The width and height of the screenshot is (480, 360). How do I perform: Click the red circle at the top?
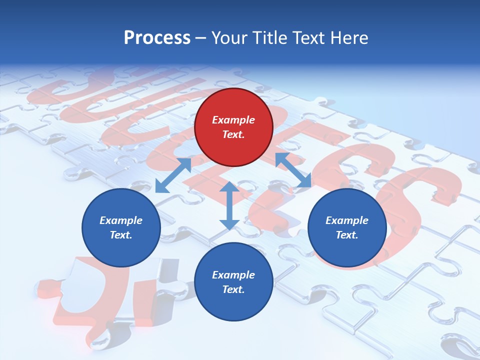tap(233, 127)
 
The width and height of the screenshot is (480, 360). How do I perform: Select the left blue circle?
tap(121, 227)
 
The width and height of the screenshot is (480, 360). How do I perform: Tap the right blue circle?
tap(346, 227)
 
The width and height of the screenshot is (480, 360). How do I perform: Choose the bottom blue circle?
tap(233, 282)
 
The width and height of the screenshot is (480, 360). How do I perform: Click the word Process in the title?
tap(157, 38)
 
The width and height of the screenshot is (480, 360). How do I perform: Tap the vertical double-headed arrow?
tap(229, 205)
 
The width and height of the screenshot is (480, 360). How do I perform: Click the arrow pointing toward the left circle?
tap(173, 175)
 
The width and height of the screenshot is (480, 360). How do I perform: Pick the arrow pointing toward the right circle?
tap(293, 170)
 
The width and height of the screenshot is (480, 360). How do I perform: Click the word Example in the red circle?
tap(233, 120)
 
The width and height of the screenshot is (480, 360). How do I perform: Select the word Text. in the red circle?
tap(233, 134)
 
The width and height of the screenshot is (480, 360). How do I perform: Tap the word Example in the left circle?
tap(121, 220)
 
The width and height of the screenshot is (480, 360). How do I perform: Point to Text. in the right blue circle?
tap(346, 235)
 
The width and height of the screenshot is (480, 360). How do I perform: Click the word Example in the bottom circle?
tap(233, 275)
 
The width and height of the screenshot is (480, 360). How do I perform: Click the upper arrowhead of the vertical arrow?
tap(229, 187)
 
